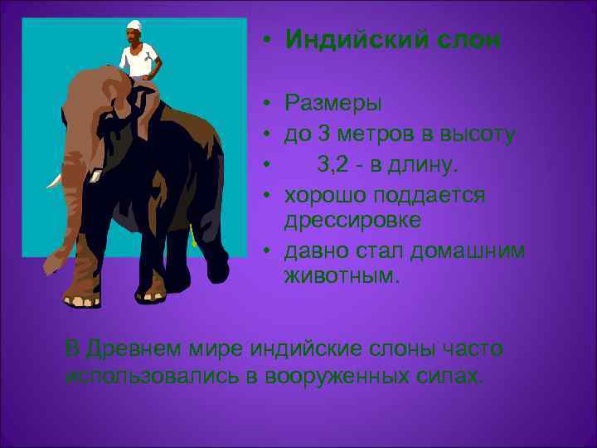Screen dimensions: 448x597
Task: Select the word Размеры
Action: pyautogui.click(x=333, y=105)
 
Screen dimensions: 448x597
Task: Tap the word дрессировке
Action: pyautogui.click(x=352, y=220)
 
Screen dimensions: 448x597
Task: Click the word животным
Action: pyautogui.click(x=342, y=275)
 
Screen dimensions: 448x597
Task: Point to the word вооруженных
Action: pyautogui.click(x=335, y=375)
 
